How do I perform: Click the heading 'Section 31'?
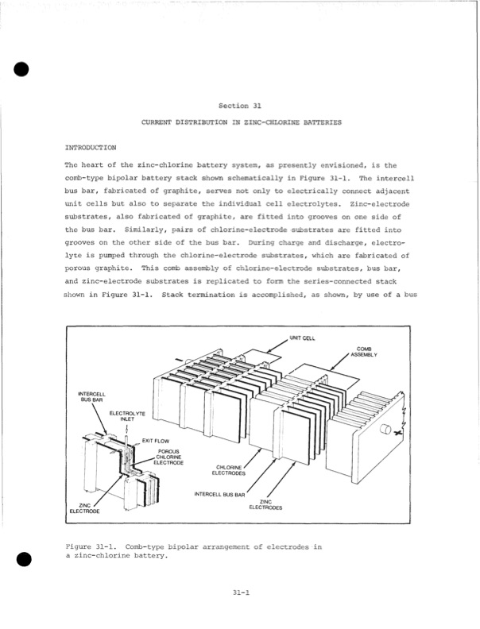[x=239, y=106]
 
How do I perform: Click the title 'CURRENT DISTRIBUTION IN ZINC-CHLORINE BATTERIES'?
[x=242, y=122]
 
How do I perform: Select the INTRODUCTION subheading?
[x=91, y=148]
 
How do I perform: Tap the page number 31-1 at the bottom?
[x=242, y=592]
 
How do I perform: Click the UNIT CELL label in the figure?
[x=302, y=338]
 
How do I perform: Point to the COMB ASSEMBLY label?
[x=364, y=352]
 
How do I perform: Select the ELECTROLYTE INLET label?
[x=127, y=416]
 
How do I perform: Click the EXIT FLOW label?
[x=156, y=441]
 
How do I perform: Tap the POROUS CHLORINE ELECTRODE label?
[x=168, y=457]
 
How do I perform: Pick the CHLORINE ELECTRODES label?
[x=228, y=470]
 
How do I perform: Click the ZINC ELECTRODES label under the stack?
[x=265, y=504]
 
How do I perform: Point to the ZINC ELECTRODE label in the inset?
[x=84, y=508]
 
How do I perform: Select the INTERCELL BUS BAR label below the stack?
[x=219, y=494]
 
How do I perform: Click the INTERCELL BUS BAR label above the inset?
[x=91, y=397]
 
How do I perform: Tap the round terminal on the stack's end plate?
[x=385, y=429]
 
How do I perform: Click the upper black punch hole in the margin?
[x=21, y=69]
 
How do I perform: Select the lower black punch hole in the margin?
[x=24, y=559]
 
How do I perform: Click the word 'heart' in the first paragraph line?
[x=93, y=165]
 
